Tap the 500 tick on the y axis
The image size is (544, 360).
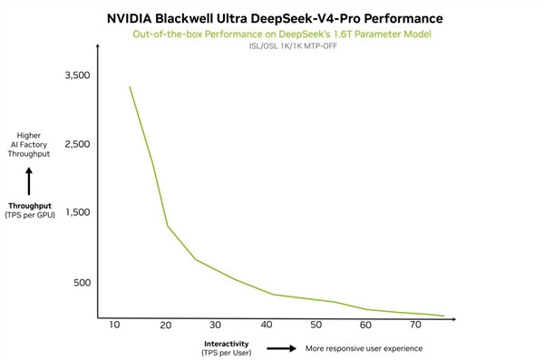point(82,282)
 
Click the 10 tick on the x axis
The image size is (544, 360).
point(114,325)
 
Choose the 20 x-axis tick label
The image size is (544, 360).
point(165,325)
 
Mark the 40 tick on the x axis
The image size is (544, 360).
point(266,325)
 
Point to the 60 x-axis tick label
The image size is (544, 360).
point(365,325)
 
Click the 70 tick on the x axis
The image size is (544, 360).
point(416,325)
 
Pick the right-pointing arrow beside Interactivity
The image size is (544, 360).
point(282,348)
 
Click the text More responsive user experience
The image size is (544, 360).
point(364,348)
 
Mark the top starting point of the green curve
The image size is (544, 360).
point(130,87)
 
